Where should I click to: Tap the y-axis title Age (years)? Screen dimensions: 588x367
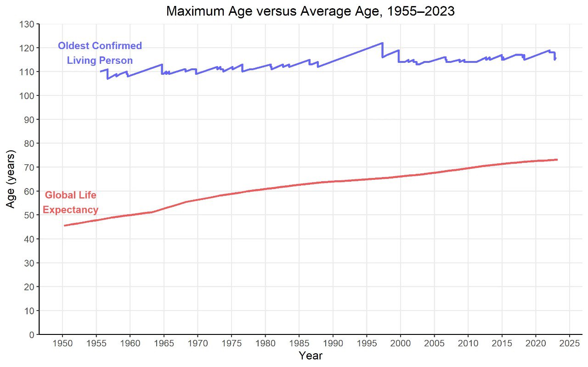tap(11, 179)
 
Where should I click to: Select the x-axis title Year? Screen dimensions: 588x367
tap(311, 356)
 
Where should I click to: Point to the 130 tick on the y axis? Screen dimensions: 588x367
tap(27, 24)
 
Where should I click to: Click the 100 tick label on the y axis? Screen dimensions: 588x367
tap(27, 96)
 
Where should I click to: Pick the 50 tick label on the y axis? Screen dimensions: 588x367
tap(29, 215)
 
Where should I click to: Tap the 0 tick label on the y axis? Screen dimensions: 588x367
tap(32, 335)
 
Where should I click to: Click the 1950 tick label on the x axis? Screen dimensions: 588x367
tap(62, 344)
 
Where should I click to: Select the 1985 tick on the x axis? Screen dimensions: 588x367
tap(299, 344)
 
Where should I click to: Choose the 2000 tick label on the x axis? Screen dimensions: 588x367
tap(400, 344)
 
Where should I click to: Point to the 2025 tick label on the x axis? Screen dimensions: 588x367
tap(569, 344)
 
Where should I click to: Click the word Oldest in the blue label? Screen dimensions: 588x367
tap(73, 46)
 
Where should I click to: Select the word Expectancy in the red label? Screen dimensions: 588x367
tap(70, 210)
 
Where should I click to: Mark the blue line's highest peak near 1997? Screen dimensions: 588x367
tap(383, 43)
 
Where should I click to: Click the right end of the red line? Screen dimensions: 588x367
tap(557, 160)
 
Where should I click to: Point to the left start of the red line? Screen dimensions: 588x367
tap(64, 226)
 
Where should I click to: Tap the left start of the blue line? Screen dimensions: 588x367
tap(100, 72)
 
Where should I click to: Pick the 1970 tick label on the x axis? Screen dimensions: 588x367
tap(198, 344)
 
